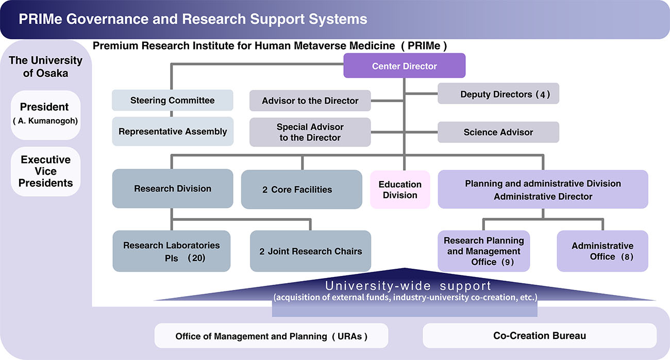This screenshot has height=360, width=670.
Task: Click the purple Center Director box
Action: (x=405, y=66)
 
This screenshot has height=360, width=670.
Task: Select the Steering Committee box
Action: (x=173, y=100)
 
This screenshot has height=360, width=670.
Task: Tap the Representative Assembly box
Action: (x=173, y=132)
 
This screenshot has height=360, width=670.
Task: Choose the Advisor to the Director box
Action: (x=310, y=101)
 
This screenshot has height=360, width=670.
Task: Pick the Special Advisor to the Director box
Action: (x=310, y=132)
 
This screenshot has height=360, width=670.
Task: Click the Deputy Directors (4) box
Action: (x=498, y=94)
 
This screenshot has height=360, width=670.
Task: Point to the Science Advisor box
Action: (x=498, y=132)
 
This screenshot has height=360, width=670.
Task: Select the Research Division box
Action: (x=173, y=189)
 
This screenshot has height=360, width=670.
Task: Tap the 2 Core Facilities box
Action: (x=301, y=189)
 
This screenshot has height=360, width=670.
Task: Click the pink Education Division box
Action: (x=400, y=189)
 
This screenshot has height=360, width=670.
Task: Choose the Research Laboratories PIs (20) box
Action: (x=172, y=251)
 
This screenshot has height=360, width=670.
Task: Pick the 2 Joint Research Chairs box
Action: (x=310, y=251)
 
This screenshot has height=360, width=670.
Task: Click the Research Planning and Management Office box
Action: (x=483, y=251)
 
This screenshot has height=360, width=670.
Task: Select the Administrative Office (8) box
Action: (x=602, y=251)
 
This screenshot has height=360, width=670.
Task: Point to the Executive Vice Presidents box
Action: (x=45, y=171)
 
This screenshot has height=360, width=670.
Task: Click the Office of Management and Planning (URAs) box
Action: (x=271, y=336)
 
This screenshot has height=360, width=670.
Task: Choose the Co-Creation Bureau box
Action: (x=540, y=336)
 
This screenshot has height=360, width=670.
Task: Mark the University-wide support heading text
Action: (x=408, y=285)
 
